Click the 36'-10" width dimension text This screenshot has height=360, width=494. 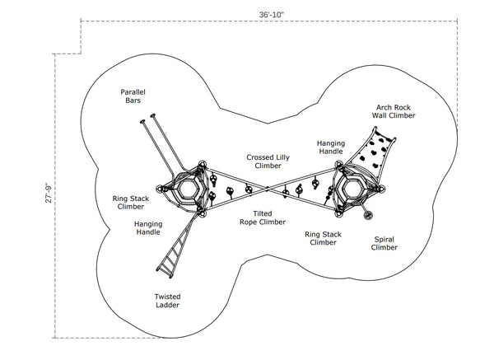[x=270, y=14]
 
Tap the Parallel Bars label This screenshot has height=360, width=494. [x=133, y=96]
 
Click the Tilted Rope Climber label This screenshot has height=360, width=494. [x=263, y=217]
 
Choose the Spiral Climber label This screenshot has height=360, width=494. [x=384, y=243]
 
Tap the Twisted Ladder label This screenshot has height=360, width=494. [x=167, y=301]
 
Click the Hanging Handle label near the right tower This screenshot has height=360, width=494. [x=331, y=147]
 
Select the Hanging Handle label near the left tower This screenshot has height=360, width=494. [x=148, y=228]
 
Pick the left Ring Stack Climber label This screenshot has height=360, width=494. [x=131, y=202]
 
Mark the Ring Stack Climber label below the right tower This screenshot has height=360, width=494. [x=321, y=237]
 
